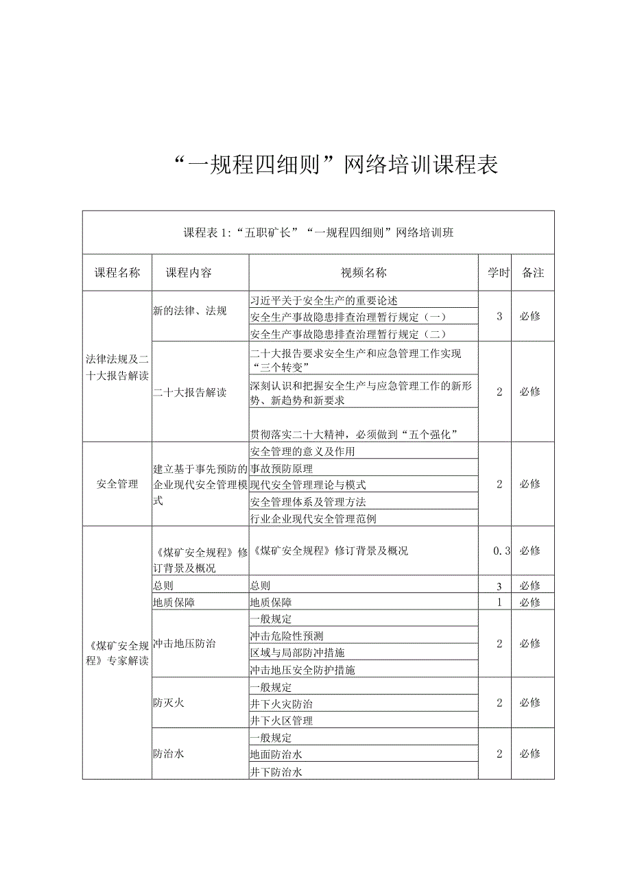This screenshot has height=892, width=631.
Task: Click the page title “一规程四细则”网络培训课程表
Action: pos(336,165)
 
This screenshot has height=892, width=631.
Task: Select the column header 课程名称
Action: pos(117,273)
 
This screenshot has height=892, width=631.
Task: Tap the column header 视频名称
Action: pos(364,273)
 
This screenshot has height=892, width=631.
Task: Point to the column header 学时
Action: pos(499,273)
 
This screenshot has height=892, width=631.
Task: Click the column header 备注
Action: pos(533,273)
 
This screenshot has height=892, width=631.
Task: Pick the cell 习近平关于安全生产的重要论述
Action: pos(324,300)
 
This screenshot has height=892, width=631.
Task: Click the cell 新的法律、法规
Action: pos(190,311)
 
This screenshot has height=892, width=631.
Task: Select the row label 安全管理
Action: pos(117,484)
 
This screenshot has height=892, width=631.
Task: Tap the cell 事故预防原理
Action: pos(281,468)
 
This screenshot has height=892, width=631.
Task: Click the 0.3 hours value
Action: pos(501,551)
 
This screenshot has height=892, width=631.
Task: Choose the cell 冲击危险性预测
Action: pos(287,636)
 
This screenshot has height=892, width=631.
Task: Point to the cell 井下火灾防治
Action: pos(281,703)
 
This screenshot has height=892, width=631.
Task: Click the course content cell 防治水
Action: pos(169,754)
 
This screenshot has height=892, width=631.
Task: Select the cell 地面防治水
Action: pos(276,754)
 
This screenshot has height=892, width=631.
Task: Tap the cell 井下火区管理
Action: pos(281,721)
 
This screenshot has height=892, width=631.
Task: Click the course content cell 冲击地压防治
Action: pos(184,644)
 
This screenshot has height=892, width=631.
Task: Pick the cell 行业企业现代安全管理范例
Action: pos(313,519)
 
